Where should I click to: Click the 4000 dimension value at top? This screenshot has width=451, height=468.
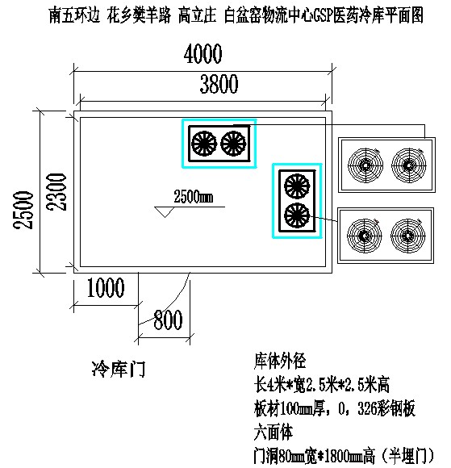pos(203,54)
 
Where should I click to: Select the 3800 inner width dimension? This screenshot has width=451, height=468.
pos(219,84)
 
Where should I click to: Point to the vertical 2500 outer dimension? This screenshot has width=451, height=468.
pos(23,210)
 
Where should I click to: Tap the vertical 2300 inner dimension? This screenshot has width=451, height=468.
pos(56,192)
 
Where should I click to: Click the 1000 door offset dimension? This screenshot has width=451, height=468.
pos(106,287)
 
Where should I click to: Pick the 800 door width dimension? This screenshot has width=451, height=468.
pos(168,320)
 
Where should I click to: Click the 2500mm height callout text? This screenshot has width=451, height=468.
pos(194,196)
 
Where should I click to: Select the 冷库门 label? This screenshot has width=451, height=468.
pos(119,369)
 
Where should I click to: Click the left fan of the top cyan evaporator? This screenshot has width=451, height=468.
pos(204,144)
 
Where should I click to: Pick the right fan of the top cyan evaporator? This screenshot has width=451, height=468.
pos(233,144)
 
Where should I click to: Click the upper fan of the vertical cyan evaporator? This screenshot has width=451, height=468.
pos(297,186)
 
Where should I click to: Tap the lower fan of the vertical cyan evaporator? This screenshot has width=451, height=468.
pos(297,215)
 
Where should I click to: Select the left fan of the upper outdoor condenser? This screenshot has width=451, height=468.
pos(365,165)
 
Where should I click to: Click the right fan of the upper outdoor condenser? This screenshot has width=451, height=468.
pos(409,165)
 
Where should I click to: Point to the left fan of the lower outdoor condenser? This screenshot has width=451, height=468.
pos(365,236)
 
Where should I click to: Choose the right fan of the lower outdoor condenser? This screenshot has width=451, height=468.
pos(407,236)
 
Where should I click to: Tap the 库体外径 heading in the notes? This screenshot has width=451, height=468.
pos(280,361)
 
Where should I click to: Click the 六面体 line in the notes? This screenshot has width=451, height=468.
pos(274,432)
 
